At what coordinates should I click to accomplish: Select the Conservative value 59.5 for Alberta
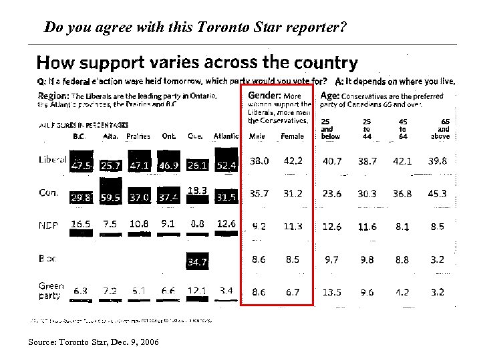point(110,198)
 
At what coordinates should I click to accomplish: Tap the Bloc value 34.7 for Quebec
point(197,262)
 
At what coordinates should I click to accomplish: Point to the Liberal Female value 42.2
point(292,161)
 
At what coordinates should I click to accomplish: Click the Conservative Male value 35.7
point(259,194)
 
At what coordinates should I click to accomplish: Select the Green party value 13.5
point(331,292)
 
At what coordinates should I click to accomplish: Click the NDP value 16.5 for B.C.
point(81,225)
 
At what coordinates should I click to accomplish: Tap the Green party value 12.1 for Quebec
point(197,291)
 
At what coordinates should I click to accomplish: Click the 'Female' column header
point(292,136)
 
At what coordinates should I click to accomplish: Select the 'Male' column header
point(257,136)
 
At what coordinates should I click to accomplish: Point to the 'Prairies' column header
point(138,136)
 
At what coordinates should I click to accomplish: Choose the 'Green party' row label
point(51,290)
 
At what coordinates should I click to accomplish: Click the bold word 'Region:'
point(53,96)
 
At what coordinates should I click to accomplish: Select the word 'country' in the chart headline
point(323,64)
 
